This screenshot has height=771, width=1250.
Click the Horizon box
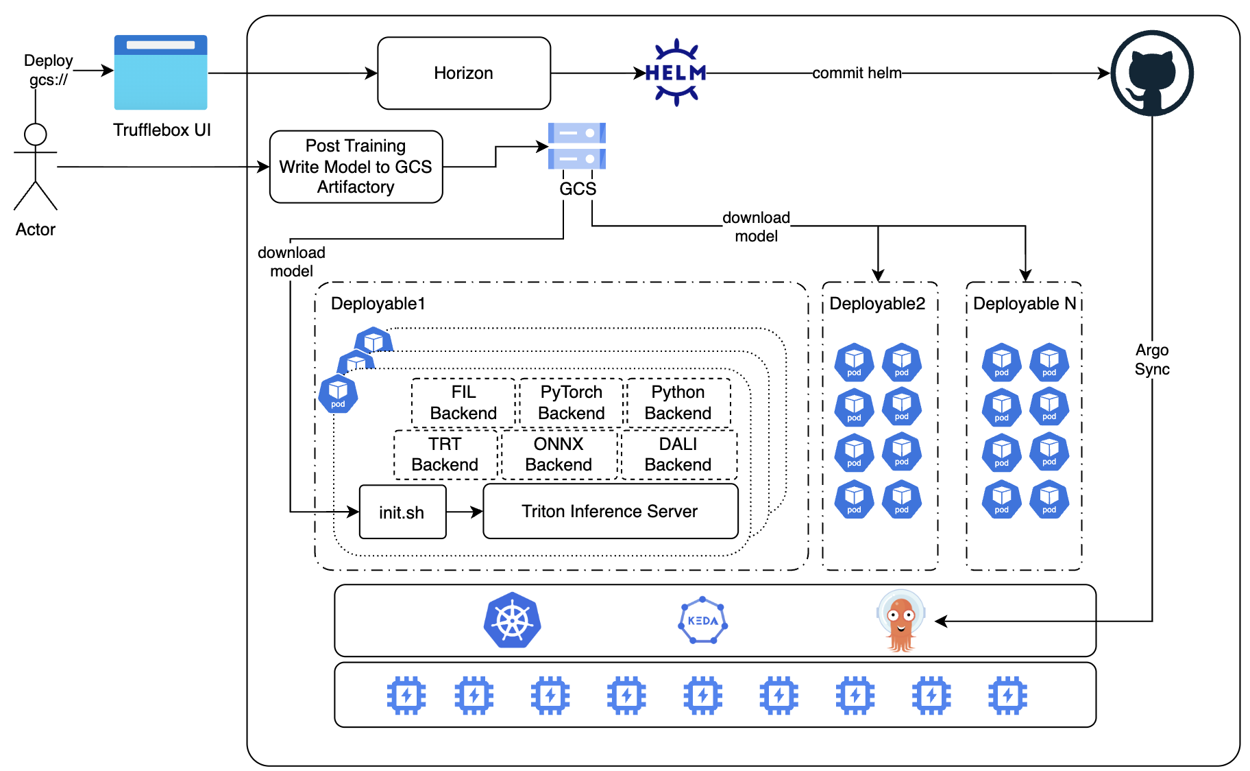click(x=464, y=73)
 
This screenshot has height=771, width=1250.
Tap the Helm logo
click(x=676, y=73)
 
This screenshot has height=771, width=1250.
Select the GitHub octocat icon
click(x=1151, y=73)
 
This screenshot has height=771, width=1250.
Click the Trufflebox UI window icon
click(x=160, y=73)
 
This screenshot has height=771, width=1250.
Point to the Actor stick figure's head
click(x=35, y=134)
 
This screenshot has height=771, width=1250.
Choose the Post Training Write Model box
click(x=356, y=167)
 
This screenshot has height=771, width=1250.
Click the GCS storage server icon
click(x=577, y=146)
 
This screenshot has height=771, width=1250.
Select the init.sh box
click(x=402, y=512)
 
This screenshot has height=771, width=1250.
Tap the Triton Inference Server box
click(x=610, y=512)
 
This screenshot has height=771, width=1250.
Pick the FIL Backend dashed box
click(x=463, y=403)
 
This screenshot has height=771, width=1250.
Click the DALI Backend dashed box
click(x=678, y=454)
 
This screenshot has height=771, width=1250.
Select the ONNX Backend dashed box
click(x=559, y=454)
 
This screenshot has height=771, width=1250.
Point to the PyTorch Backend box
click(x=571, y=403)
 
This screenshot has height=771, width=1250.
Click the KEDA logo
click(x=702, y=621)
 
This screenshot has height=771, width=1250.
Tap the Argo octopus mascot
click(x=900, y=621)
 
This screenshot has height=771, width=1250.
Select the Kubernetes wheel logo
click(x=512, y=621)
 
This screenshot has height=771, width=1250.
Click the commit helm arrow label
click(x=857, y=73)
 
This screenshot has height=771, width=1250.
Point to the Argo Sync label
click(x=1151, y=359)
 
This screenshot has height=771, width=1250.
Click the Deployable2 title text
click(x=877, y=304)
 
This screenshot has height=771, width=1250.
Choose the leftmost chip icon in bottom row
click(x=406, y=696)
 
